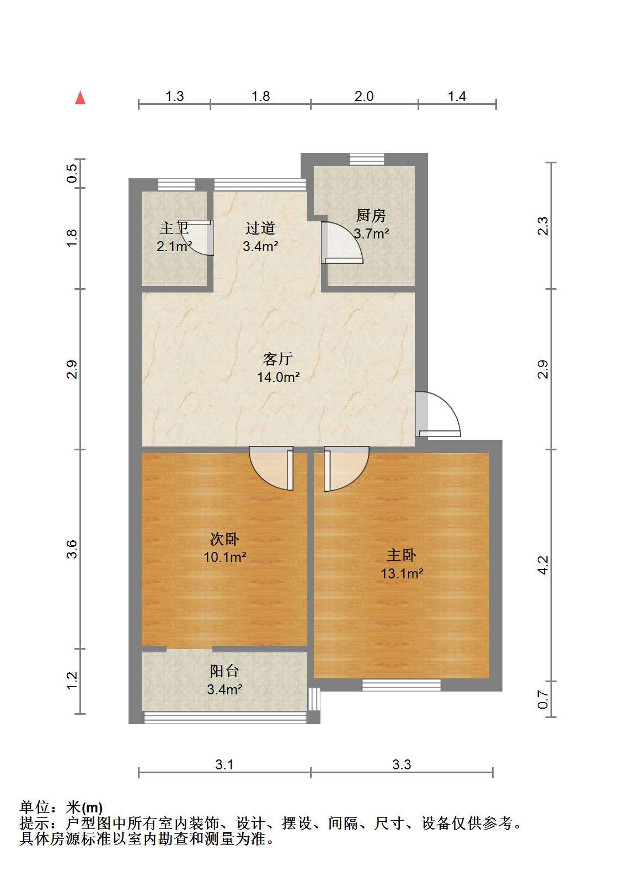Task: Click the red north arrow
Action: (x=80, y=98)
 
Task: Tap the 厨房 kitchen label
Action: (x=371, y=215)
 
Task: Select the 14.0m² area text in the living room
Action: (x=278, y=377)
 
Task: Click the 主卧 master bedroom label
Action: (x=402, y=555)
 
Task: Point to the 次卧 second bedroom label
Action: (x=224, y=539)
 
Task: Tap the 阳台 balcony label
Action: (x=224, y=671)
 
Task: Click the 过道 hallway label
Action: (x=260, y=228)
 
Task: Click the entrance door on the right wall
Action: (x=438, y=414)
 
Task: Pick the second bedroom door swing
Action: (x=271, y=469)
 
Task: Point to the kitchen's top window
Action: (x=367, y=160)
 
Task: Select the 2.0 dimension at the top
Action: (x=364, y=97)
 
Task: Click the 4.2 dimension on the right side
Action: (x=543, y=565)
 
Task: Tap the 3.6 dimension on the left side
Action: (x=72, y=549)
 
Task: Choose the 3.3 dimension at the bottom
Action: (x=402, y=764)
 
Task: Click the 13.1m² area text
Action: (x=402, y=574)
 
